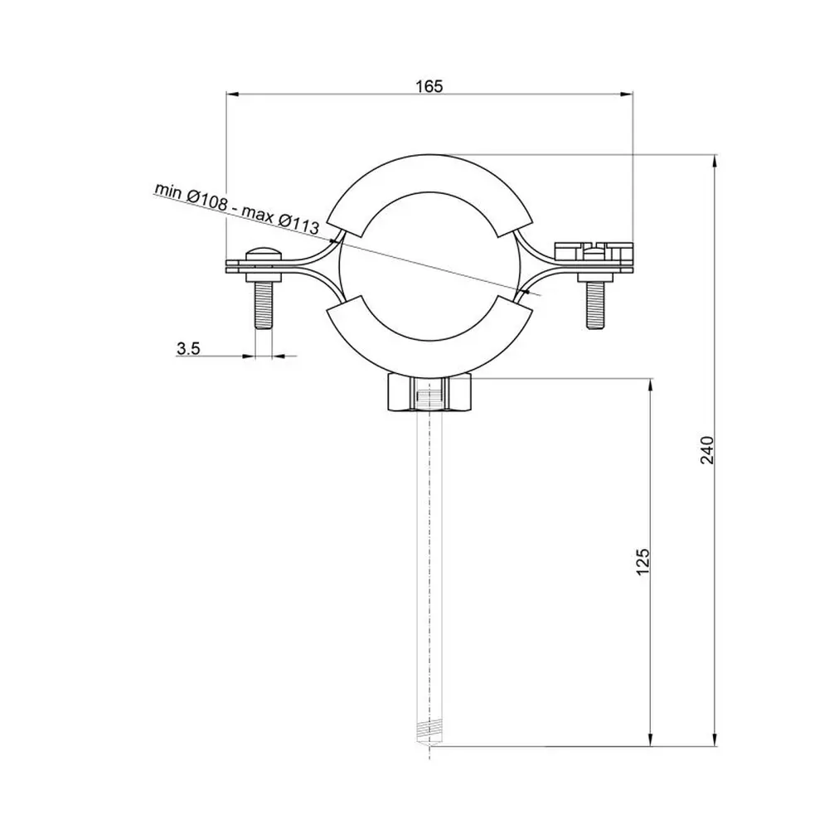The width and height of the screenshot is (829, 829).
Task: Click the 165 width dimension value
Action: click(429, 85)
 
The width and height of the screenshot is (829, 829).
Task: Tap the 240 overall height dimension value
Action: click(707, 450)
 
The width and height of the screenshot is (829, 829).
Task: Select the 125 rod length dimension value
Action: click(642, 561)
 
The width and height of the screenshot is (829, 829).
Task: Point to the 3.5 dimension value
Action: click(188, 348)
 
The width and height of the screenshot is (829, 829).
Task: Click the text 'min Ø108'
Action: click(191, 196)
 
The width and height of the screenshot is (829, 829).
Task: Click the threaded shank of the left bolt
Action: click(263, 305)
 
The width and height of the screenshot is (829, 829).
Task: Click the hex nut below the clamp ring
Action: click(429, 392)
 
